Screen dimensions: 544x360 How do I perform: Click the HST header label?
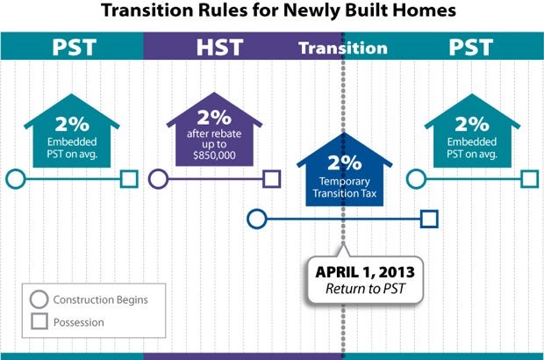219,47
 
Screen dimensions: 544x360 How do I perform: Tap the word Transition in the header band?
343,48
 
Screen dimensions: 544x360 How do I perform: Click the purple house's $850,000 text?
214,155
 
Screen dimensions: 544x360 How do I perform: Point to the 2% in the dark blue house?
345,162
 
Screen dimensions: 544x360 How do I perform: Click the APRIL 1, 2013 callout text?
365,272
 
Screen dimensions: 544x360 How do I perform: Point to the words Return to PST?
365,289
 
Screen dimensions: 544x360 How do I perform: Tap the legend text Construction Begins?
100,299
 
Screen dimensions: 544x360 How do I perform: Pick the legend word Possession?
79,322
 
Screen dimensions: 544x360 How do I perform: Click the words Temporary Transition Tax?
345,188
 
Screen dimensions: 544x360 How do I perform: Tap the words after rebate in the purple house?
214,133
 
